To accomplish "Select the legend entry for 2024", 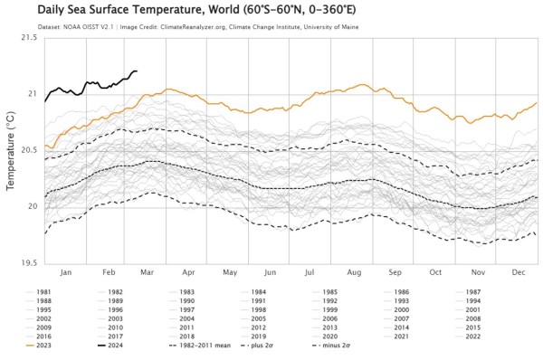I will coord(114,345).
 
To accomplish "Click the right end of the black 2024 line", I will coord(137,71).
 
